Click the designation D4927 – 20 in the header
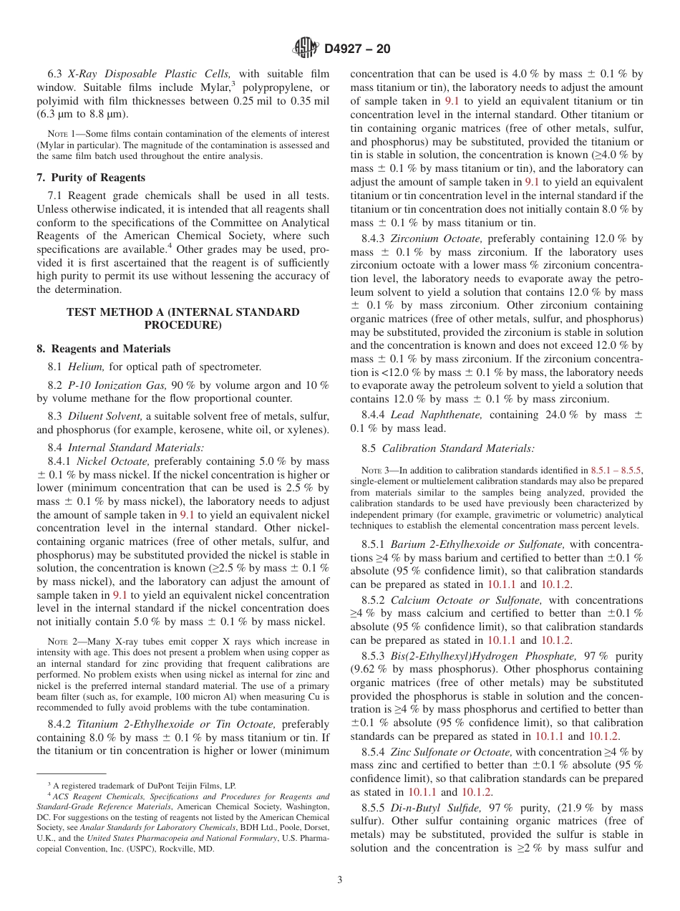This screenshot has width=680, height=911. point(357,49)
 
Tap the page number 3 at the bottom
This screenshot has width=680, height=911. point(340,879)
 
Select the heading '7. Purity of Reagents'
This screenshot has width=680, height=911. point(91,178)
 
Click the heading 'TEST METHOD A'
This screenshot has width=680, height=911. point(183,312)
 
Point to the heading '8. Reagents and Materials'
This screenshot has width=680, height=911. point(104,349)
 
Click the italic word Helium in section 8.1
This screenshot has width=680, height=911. point(86,367)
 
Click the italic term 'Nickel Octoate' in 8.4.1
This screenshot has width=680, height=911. point(113,461)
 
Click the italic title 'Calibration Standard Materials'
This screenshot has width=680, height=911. point(458,448)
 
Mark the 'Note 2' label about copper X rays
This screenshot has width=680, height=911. point(59,642)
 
